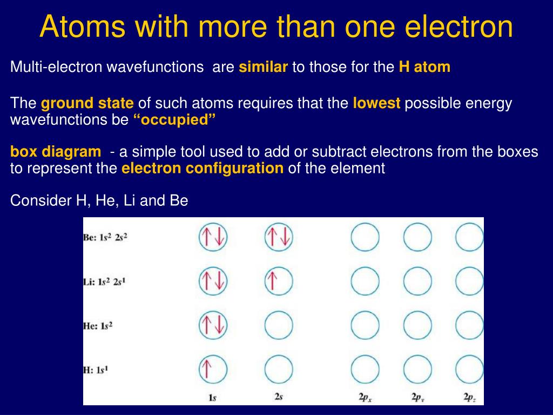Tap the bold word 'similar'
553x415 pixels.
pos(263,66)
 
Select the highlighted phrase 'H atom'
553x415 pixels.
pos(424,66)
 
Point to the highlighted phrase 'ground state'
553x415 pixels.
pos(87,103)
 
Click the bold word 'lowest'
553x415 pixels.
pos(376,103)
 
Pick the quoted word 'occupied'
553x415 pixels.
pos(174,120)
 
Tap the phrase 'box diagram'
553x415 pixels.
pos(56,152)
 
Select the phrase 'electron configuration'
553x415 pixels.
pos(203,169)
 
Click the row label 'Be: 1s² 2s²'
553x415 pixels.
pos(105,237)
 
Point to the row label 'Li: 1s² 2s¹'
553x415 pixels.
pos(104,282)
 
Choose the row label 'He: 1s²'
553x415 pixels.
pos(98,325)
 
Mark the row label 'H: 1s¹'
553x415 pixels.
pos(96,370)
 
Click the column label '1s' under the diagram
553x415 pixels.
pos(212,398)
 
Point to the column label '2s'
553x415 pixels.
pos(279,397)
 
